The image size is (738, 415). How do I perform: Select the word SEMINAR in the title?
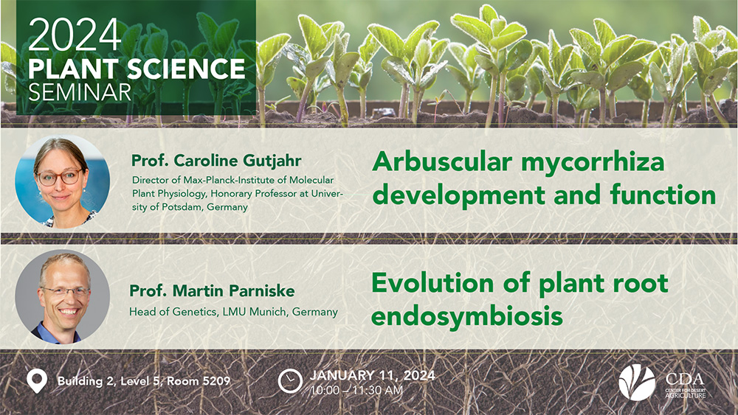tap(80, 92)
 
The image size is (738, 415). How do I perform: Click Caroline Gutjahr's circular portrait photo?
tap(63, 181)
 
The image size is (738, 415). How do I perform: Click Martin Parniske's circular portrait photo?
tap(63, 296)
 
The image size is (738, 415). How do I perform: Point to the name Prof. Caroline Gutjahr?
tap(216, 161)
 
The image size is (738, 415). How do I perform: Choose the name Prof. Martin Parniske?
tap(212, 291)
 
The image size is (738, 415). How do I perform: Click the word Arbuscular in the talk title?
tap(442, 161)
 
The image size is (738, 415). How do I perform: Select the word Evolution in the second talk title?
tap(432, 283)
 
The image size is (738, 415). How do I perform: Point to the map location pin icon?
tap(37, 381)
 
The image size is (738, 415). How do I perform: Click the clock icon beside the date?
tap(290, 380)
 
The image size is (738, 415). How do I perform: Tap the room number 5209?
tap(216, 380)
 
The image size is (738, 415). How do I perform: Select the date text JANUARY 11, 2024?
tap(372, 375)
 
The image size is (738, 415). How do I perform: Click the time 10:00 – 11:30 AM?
tap(356, 390)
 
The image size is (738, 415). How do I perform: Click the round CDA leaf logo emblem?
tap(637, 382)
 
